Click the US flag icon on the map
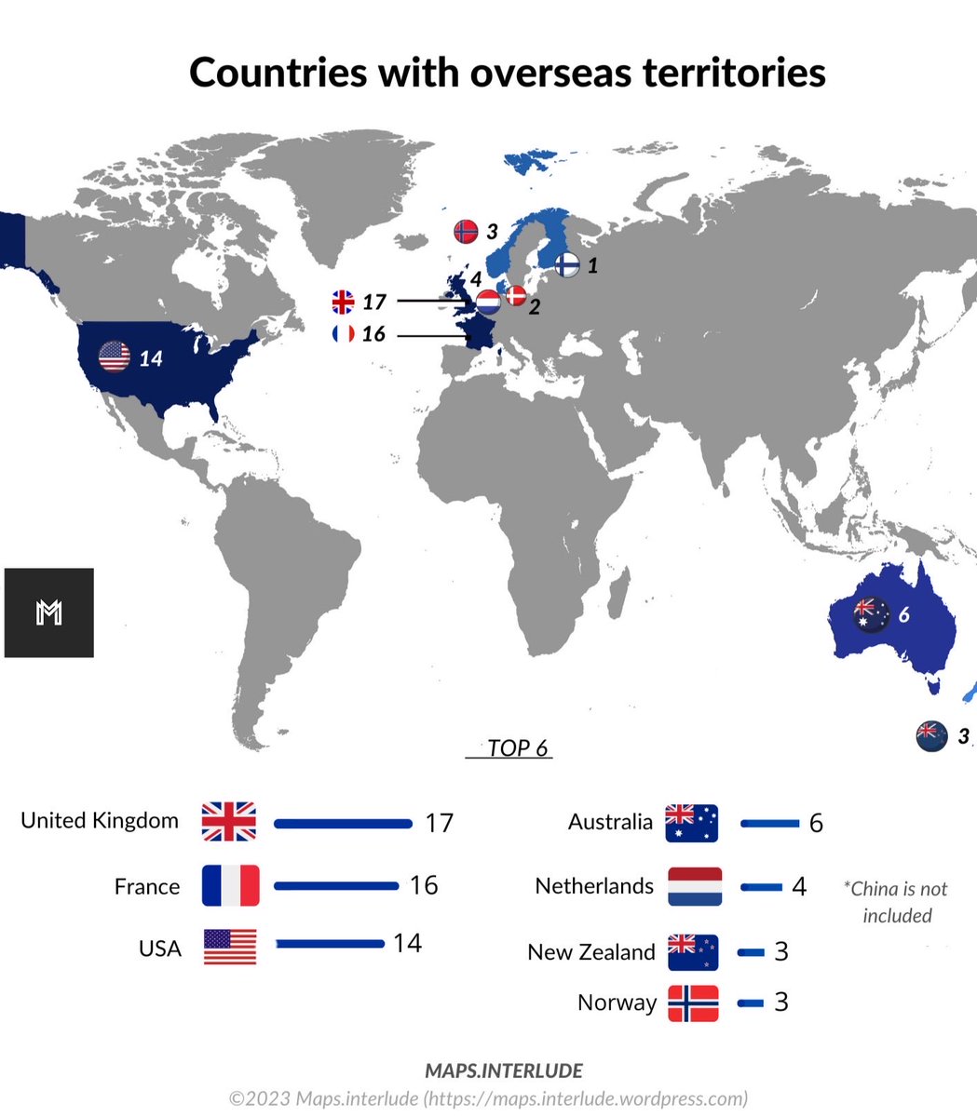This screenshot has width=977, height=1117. tap(115, 357)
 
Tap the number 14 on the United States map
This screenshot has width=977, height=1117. tap(151, 357)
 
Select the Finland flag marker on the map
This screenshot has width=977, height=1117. tap(567, 264)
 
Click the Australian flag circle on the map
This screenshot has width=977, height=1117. tap(872, 614)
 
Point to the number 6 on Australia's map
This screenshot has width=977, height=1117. tap(903, 615)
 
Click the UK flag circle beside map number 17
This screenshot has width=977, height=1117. tap(343, 302)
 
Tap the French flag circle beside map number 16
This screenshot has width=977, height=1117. tap(343, 333)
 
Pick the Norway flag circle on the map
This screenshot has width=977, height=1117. tap(466, 231)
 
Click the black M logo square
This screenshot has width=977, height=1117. tap(48, 612)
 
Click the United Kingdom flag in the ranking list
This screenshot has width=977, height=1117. tap(229, 822)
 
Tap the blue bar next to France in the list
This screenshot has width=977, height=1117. tap(335, 885)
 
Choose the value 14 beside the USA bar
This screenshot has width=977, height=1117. tap(407, 943)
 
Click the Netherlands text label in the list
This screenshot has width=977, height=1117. tap(594, 886)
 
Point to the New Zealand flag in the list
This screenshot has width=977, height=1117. tap(693, 951)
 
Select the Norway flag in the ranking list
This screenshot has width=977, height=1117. tap(693, 1003)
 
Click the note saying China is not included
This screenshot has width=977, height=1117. tap(895, 902)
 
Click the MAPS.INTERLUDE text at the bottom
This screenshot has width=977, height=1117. tap(504, 1070)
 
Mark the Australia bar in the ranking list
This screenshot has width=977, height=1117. tap(770, 823)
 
